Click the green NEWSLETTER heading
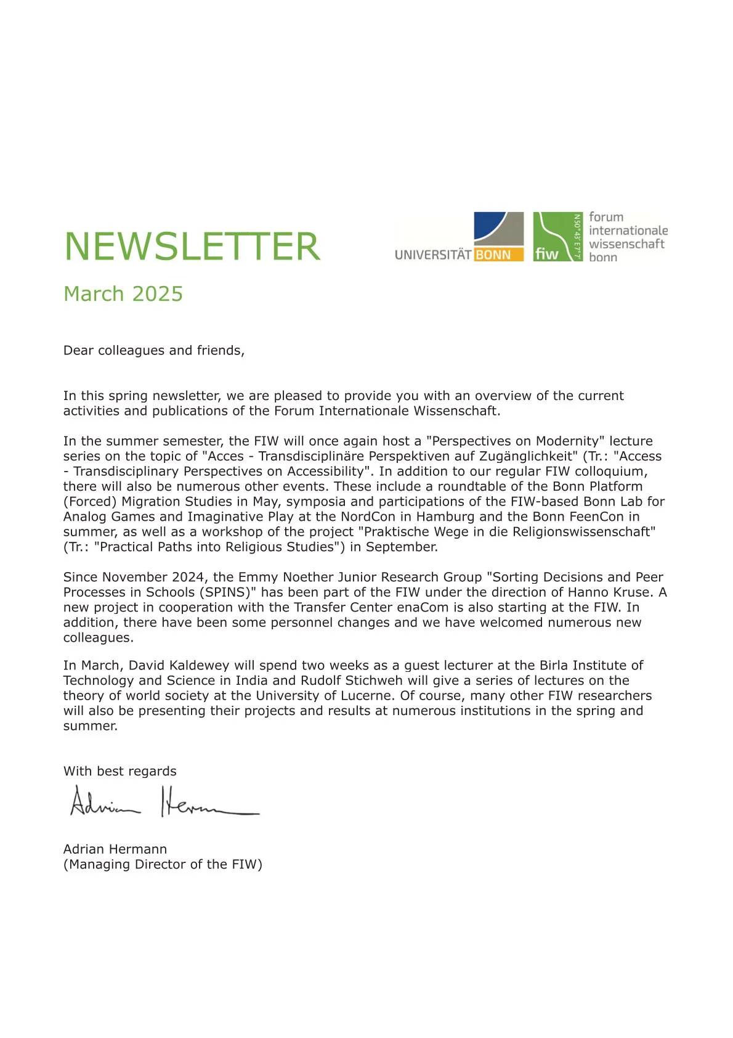click(x=192, y=247)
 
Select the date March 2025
click(x=123, y=294)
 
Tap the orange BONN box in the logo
click(x=498, y=255)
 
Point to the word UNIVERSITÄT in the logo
click(x=433, y=255)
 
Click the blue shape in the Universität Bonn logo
click(x=489, y=225)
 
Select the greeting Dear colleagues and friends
click(x=154, y=350)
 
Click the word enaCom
click(x=423, y=607)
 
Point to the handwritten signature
click(x=163, y=802)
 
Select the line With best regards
click(x=119, y=771)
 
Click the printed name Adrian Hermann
click(x=115, y=849)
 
